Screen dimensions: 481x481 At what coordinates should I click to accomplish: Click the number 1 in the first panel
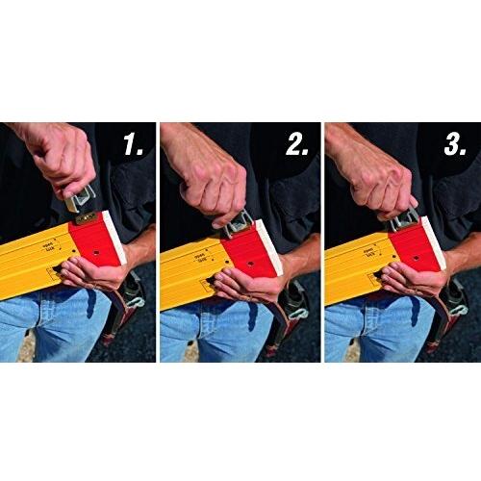[133, 147]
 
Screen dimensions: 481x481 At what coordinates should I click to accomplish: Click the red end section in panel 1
[96, 246]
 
